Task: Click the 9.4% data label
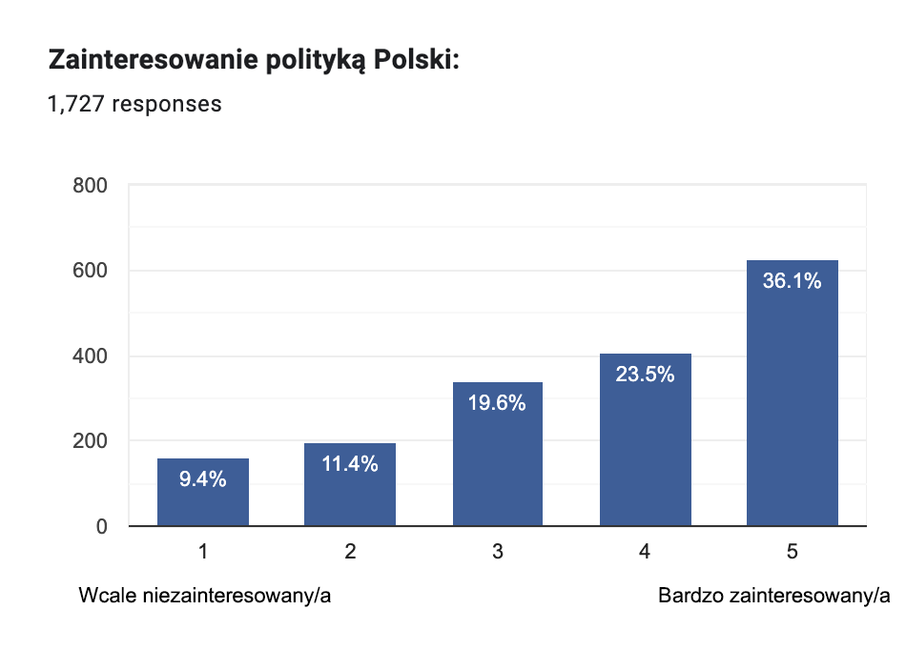pyautogui.click(x=203, y=479)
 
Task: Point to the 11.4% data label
pyautogui.click(x=350, y=464)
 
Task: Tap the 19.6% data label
pyautogui.click(x=497, y=403)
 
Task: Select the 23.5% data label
pyautogui.click(x=645, y=375)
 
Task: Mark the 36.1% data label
pyautogui.click(x=792, y=281)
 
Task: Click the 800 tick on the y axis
pyautogui.click(x=90, y=186)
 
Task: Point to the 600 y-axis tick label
pyautogui.click(x=90, y=271)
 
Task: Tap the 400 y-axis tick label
pyautogui.click(x=90, y=356)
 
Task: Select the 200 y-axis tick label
pyautogui.click(x=90, y=441)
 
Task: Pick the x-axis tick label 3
pyautogui.click(x=498, y=551)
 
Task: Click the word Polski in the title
pyautogui.click(x=416, y=61)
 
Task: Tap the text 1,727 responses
pyautogui.click(x=134, y=103)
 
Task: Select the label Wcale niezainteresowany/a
pyautogui.click(x=205, y=597)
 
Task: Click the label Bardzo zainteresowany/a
pyautogui.click(x=773, y=597)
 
